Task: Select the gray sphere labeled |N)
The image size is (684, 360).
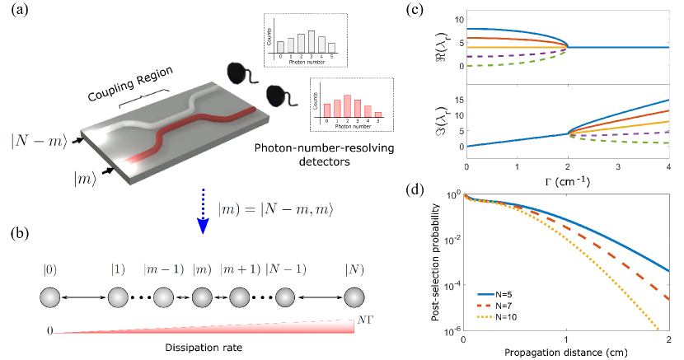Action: [355, 296]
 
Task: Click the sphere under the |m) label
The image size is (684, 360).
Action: [203, 296]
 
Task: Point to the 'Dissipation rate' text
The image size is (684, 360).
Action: [199, 346]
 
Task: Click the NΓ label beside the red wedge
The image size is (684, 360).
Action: [363, 316]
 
